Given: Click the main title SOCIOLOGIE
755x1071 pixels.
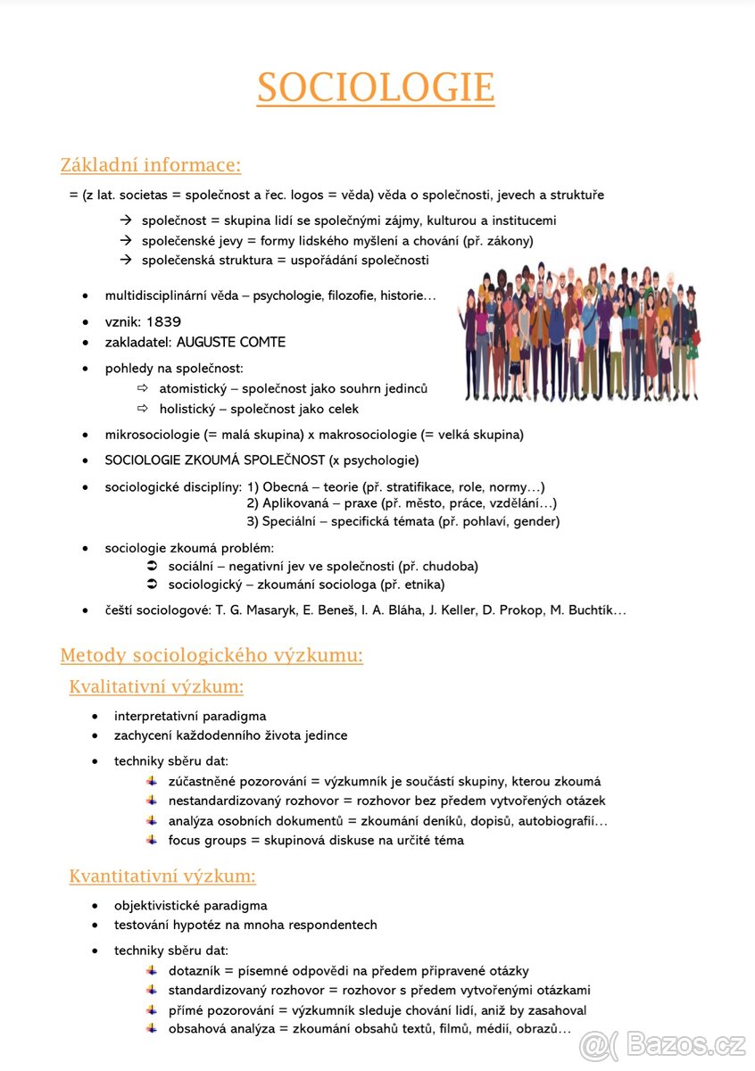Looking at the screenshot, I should tap(376, 87).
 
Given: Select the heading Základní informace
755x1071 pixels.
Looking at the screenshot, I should tap(150, 165).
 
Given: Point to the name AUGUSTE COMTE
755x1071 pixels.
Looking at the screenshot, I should tap(231, 342).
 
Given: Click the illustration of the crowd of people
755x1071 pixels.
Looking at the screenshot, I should tap(578, 332).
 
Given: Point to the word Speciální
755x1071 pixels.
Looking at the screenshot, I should tap(293, 521).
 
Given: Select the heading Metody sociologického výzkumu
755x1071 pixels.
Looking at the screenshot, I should tap(212, 656).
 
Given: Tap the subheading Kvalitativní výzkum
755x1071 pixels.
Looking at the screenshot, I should tap(156, 686).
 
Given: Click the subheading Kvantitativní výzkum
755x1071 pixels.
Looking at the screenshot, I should tap(162, 876).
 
